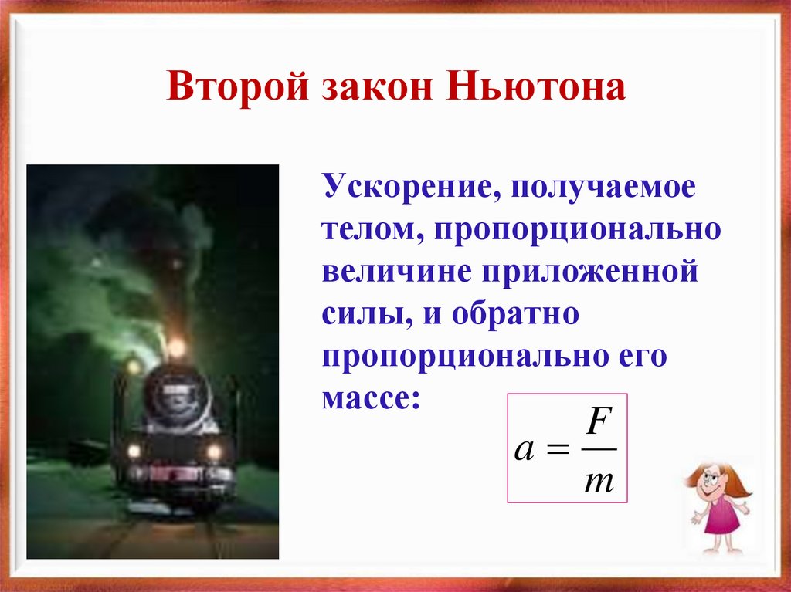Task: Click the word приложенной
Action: (x=591, y=274)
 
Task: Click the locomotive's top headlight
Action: (x=177, y=348)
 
